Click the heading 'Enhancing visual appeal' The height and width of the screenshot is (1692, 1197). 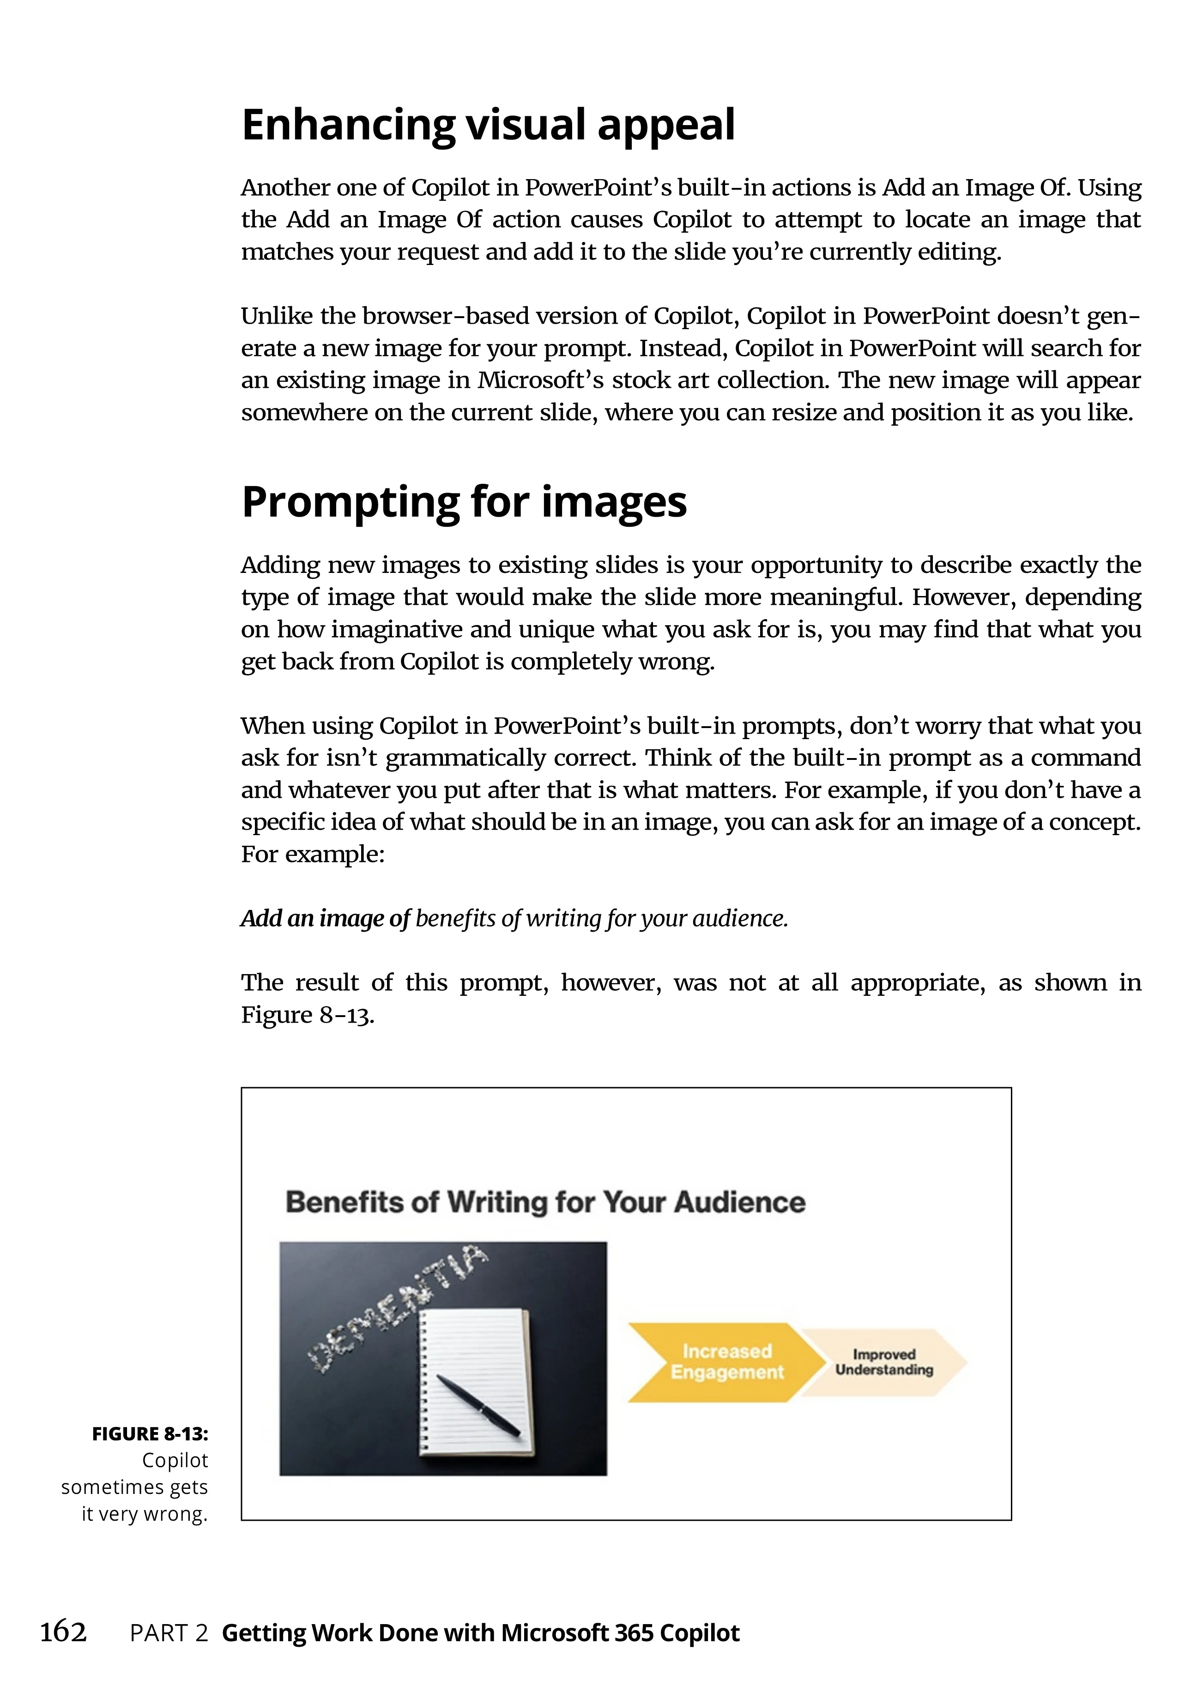488,125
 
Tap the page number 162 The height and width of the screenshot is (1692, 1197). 63,1632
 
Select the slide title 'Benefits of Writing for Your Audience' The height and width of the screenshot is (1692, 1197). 545,1202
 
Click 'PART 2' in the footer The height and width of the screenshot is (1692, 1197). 169,1633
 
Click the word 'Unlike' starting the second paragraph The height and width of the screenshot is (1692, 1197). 277,316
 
